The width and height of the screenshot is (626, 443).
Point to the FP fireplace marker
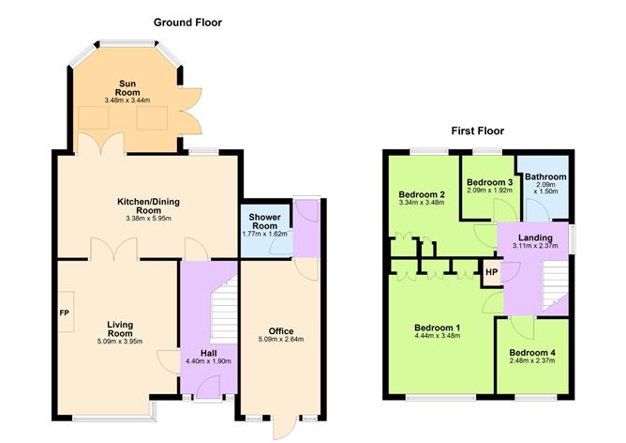(65, 313)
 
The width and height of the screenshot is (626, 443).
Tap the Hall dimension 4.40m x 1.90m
(206, 360)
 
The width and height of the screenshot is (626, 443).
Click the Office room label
(280, 330)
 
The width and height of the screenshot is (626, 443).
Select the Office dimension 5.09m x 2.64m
(281, 340)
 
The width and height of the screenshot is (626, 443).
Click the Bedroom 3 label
(489, 181)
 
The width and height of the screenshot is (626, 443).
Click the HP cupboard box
(490, 275)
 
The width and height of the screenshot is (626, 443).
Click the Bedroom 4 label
(532, 353)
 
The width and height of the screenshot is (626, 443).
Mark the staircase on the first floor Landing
(556, 282)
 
